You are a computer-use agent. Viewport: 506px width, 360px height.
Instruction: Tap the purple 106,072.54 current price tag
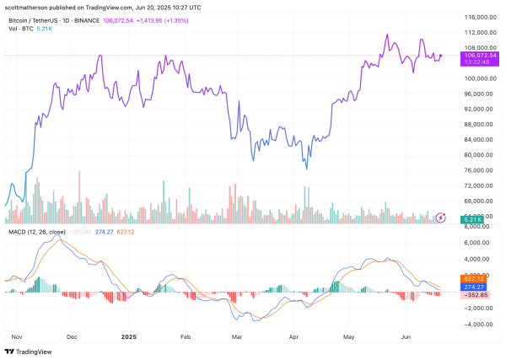coord(475,54)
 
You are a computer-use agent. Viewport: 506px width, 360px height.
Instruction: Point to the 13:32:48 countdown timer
coord(475,62)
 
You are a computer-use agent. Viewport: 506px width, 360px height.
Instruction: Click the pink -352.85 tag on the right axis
coord(472,295)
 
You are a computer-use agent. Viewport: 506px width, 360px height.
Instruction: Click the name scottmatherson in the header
coord(32,6)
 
